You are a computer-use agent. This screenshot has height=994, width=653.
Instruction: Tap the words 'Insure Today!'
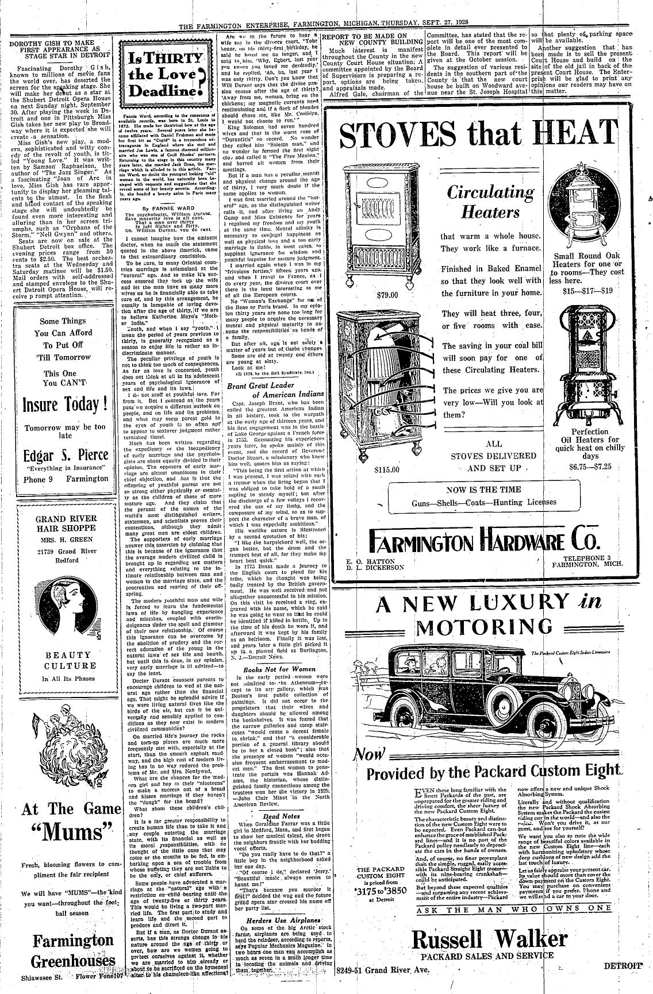tap(65, 404)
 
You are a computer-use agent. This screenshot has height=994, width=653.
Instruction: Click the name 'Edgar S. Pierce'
tap(65, 455)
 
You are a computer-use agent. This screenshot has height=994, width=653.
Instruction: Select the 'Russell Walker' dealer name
tap(490, 939)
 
